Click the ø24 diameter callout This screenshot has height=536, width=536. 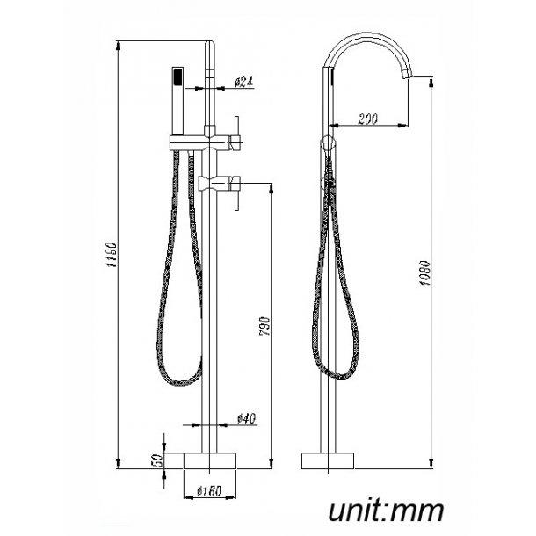click(244, 83)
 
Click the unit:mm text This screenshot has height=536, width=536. click(387, 511)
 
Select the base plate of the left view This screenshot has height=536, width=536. click(211, 460)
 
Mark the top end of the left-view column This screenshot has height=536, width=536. click(211, 43)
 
